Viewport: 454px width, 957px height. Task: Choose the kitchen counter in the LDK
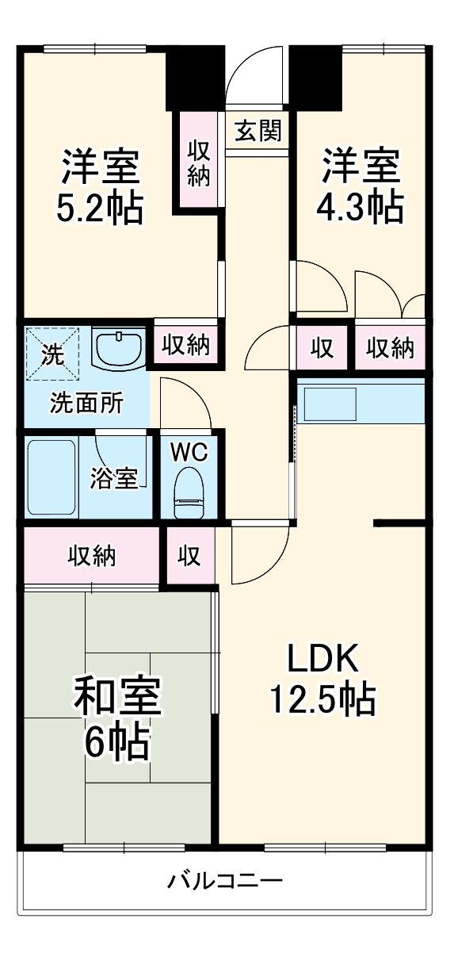click(361, 403)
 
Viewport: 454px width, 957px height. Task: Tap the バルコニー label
click(225, 881)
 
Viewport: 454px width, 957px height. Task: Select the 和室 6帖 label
click(117, 718)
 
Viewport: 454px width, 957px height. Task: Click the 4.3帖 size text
click(360, 208)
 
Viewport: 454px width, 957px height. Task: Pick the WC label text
click(189, 453)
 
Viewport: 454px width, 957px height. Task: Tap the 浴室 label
click(114, 478)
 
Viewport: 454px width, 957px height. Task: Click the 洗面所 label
click(86, 404)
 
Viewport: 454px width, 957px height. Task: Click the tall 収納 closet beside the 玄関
click(198, 162)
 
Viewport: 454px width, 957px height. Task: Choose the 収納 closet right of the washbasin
click(186, 344)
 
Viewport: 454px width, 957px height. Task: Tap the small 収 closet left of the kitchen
click(321, 347)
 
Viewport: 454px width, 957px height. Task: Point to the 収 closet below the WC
click(189, 556)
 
